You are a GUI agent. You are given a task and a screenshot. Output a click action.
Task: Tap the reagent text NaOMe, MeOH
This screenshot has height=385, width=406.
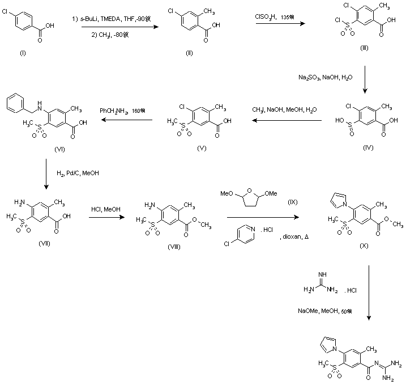[326, 310]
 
